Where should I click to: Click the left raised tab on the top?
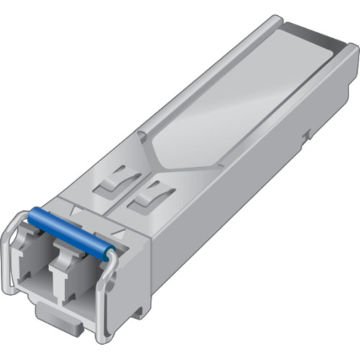pyautogui.click(x=114, y=179)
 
